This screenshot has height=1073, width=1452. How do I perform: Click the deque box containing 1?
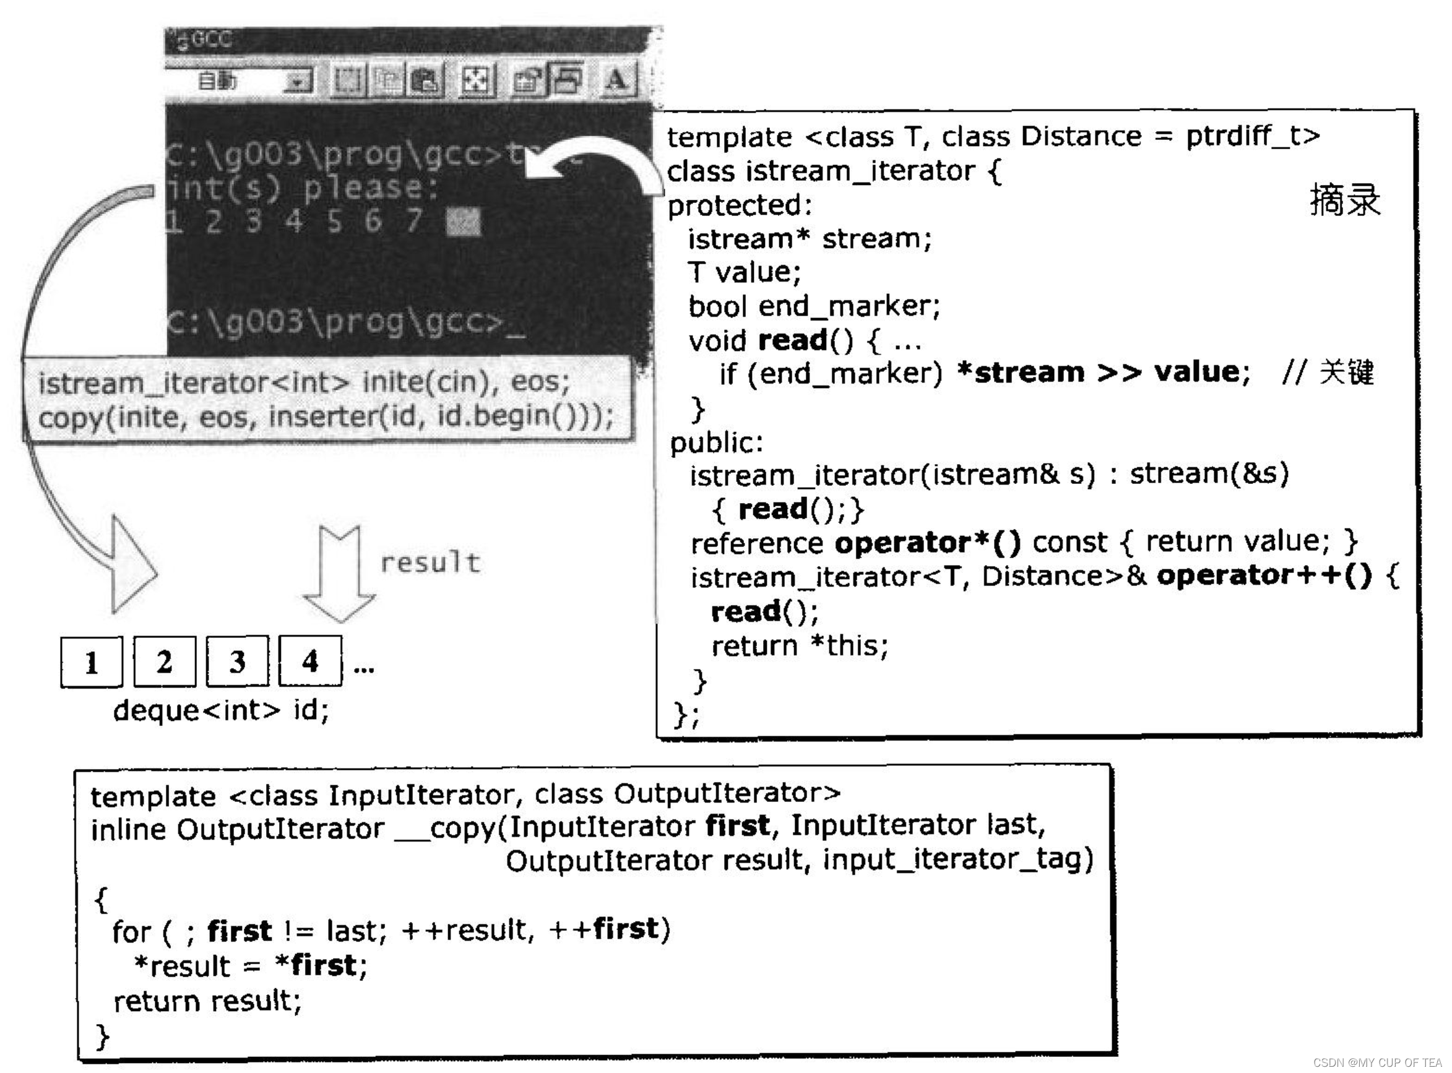pyautogui.click(x=92, y=661)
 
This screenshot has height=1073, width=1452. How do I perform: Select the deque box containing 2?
pyautogui.click(x=165, y=661)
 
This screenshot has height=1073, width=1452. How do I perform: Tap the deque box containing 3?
pyautogui.click(x=237, y=661)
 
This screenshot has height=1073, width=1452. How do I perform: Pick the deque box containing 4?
pyautogui.click(x=310, y=661)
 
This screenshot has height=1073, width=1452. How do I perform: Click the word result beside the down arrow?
pyautogui.click(x=431, y=562)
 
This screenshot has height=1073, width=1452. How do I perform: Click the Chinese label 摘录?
pyautogui.click(x=1344, y=199)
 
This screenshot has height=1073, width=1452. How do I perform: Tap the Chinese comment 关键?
pyautogui.click(x=1346, y=373)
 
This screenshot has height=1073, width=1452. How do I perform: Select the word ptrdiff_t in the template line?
pyautogui.click(x=1253, y=136)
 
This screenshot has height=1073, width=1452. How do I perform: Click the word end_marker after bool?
pyautogui.click(x=849, y=306)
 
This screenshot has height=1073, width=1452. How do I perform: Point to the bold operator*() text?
pyautogui.click(x=928, y=542)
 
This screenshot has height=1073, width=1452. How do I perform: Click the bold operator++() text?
pyautogui.click(x=1264, y=575)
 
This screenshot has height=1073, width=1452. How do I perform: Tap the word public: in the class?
pyautogui.click(x=717, y=442)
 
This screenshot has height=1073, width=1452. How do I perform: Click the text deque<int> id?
pyautogui.click(x=221, y=710)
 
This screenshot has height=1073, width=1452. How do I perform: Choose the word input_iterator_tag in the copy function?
pyautogui.click(x=957, y=860)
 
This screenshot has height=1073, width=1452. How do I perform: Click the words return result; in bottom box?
pyautogui.click(x=207, y=1001)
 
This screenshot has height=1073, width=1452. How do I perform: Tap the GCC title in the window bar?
pyautogui.click(x=211, y=40)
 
